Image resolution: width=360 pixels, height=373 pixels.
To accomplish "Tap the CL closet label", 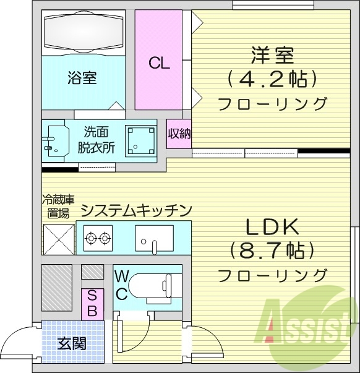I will point(159,62).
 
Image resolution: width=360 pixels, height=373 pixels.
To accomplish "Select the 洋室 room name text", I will point(272,55).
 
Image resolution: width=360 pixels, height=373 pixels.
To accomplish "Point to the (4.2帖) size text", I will point(272,79).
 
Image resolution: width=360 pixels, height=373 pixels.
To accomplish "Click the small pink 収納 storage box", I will point(179,133).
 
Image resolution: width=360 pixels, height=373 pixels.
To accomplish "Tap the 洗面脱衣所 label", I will point(96,139).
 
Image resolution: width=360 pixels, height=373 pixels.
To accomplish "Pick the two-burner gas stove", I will point(98,236).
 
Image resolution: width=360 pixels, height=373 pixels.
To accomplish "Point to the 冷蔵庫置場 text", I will point(58,206).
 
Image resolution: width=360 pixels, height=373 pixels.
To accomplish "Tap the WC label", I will point(121,285).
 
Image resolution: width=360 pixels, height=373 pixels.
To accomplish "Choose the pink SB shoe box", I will point(91,303).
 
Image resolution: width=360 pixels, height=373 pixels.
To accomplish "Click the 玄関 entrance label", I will point(72,343).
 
